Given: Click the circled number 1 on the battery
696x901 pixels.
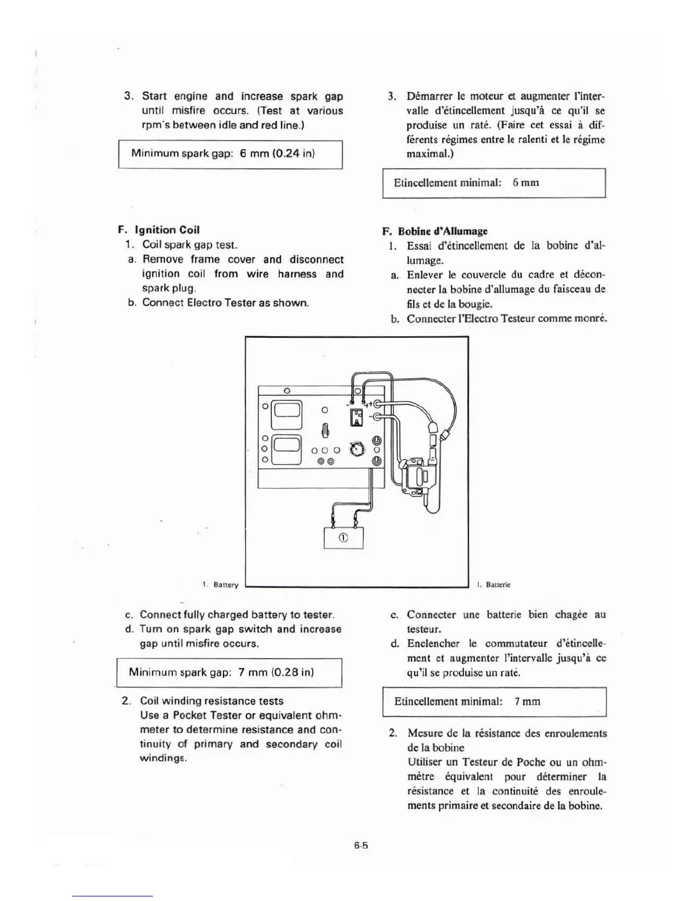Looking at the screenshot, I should pos(343,538).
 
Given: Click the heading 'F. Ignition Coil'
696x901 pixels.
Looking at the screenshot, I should pos(159,230).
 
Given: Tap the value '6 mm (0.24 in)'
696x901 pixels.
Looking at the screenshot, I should pos(277,154).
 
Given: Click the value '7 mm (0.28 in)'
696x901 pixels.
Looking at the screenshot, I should pos(276,672).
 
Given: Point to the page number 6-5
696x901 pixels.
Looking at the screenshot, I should pos(361,845).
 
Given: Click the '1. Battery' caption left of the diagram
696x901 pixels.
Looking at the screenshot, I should pos(221,584).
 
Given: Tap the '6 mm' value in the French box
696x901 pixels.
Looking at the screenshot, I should pos(525,183).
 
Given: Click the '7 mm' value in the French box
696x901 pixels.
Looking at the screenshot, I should pos(527,701).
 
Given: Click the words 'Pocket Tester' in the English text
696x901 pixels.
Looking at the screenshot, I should pos(207,715).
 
